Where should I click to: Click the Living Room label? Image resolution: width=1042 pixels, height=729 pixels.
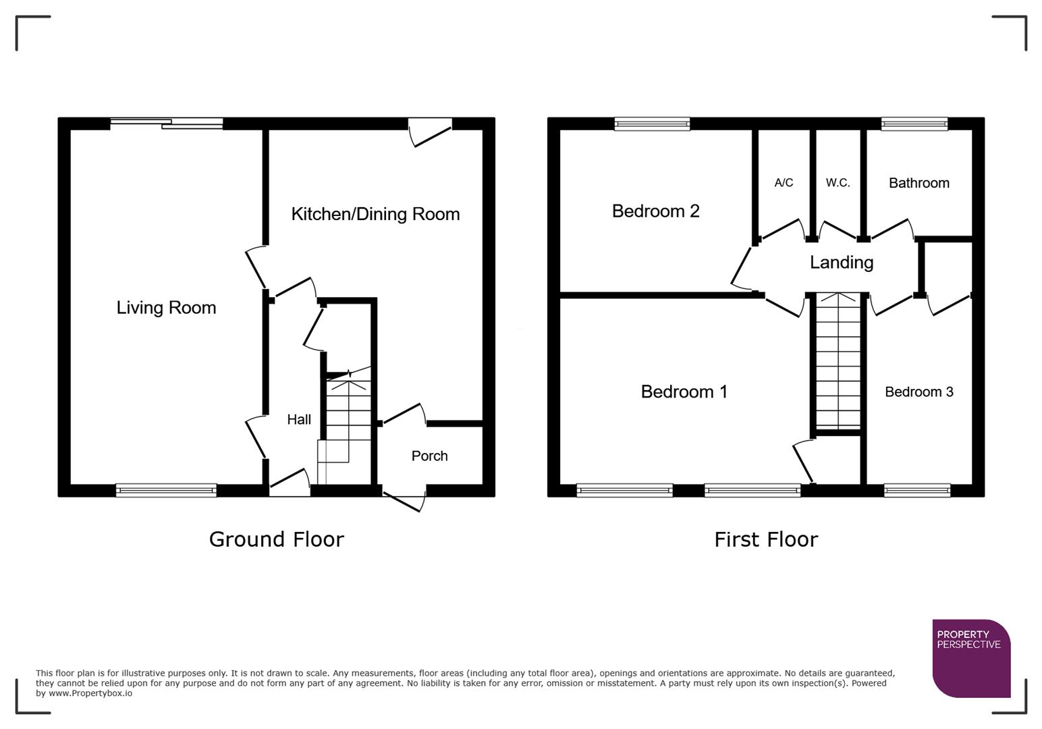(166, 308)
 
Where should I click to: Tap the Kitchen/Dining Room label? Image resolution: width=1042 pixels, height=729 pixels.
(375, 214)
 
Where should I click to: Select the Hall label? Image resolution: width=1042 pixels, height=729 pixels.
(299, 420)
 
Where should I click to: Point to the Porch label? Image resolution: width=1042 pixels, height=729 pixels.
(429, 456)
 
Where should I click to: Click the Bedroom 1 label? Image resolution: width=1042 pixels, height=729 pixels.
(684, 392)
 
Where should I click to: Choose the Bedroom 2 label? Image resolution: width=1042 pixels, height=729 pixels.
(655, 211)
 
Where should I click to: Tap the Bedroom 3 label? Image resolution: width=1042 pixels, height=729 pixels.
(918, 392)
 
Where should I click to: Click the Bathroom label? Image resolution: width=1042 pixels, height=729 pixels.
(918, 183)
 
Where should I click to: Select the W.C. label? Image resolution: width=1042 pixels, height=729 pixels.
(838, 183)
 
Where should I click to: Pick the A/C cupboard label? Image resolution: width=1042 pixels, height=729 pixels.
(784, 183)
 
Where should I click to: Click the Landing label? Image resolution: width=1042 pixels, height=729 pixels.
(841, 263)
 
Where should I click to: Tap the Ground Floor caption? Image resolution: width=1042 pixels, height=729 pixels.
(276, 539)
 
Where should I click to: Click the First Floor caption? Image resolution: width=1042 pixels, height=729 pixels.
(765, 539)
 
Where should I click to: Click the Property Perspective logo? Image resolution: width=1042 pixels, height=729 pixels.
(970, 658)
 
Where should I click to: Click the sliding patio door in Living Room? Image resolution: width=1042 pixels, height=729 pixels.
(166, 123)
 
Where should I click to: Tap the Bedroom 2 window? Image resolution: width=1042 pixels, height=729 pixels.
(652, 124)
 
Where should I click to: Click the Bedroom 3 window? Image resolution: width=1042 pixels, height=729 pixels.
(917, 491)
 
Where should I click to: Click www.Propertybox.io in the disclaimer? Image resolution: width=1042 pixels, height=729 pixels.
(90, 693)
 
